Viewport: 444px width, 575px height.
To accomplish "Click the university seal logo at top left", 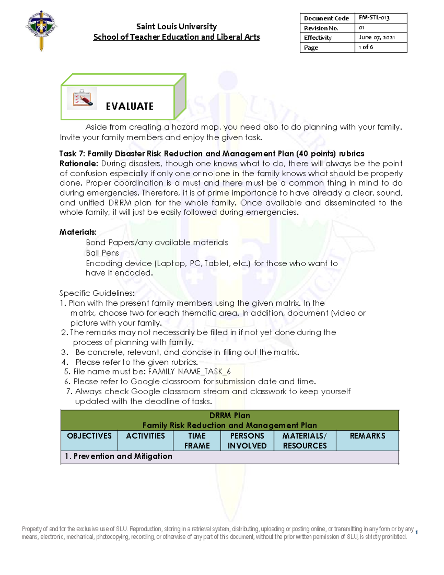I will tap(41, 30).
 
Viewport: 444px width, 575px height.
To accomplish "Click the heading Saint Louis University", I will tap(176, 27).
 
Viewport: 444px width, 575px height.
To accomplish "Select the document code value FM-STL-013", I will tap(374, 18).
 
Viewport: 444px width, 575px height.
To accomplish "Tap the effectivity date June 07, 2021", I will tap(376, 37).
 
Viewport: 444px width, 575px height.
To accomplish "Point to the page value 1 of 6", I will tap(366, 47).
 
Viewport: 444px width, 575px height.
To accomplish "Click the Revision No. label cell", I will tap(321, 28).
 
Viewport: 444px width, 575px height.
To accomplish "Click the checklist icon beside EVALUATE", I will tap(82, 98).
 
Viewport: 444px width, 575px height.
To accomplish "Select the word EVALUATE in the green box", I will tap(129, 107).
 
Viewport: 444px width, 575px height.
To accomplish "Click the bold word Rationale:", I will tap(79, 164).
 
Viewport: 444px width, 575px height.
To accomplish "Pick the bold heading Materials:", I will tap(78, 232).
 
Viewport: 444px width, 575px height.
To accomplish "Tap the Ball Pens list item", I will tap(102, 253).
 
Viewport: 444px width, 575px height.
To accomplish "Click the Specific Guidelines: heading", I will tap(97, 293).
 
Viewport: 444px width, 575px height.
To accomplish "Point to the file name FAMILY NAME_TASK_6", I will tap(189, 372).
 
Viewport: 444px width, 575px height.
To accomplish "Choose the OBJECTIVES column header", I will tap(89, 436).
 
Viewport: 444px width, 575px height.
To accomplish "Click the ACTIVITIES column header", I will tap(145, 436).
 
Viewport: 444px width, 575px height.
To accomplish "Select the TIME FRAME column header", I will tap(197, 441).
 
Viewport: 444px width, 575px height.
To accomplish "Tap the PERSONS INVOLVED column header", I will tap(247, 441).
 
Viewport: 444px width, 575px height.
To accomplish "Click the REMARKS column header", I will tap(367, 436).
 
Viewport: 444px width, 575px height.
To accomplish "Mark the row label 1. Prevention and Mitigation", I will tap(118, 457).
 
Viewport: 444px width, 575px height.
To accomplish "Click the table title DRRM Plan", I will tap(229, 415).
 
